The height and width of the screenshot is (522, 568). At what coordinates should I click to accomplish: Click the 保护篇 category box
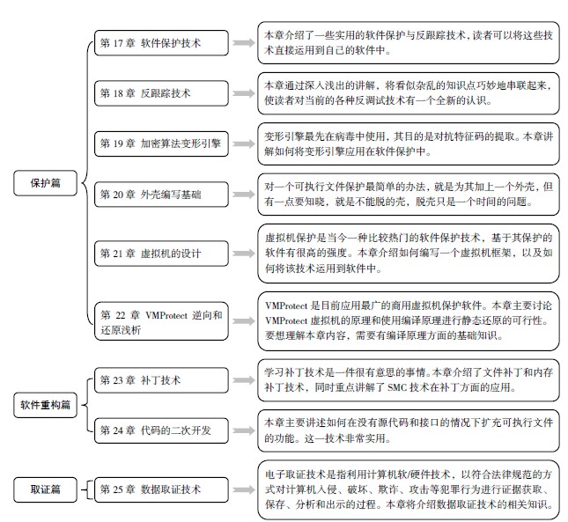45,183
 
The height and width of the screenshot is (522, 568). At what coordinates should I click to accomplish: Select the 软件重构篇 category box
45,405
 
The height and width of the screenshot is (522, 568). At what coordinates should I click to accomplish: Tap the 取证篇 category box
45,489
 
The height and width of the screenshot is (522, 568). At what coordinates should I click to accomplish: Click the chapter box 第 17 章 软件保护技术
161,43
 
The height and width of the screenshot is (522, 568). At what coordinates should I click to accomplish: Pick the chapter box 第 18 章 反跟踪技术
161,93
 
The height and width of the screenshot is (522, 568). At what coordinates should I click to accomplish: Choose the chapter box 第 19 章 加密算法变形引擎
161,143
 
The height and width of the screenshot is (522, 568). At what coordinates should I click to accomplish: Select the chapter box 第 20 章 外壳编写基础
161,195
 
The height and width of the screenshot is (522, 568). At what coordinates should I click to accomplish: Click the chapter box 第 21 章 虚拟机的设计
161,254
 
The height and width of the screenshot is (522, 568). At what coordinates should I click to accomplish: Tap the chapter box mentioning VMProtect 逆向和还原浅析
161,321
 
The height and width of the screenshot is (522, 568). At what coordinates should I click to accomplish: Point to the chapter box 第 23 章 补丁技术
161,380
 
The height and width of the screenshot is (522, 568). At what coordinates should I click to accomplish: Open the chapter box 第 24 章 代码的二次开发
161,430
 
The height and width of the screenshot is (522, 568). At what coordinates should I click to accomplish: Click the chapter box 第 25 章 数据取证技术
161,489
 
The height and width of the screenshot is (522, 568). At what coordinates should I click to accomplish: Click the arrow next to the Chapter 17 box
244,43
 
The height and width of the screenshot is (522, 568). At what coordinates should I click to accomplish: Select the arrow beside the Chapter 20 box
244,195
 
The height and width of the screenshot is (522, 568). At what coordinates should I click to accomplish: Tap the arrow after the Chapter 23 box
244,380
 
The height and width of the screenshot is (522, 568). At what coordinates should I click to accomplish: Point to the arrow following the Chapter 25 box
244,489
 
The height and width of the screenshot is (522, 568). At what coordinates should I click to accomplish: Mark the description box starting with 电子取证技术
409,489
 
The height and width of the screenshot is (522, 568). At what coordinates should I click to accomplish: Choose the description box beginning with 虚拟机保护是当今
409,254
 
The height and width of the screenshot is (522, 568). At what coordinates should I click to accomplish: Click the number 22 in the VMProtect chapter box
121,315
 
